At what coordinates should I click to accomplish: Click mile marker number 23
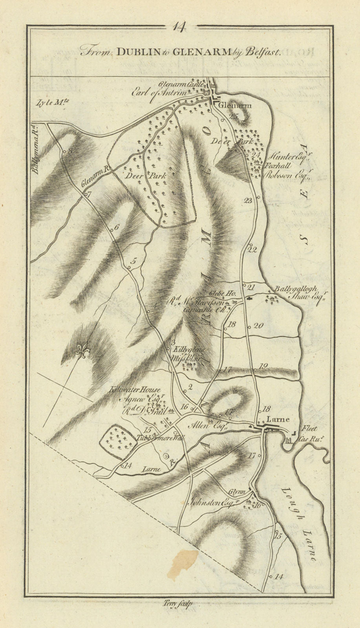tap(248, 201)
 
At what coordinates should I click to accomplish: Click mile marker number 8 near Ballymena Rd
tap(70, 151)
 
